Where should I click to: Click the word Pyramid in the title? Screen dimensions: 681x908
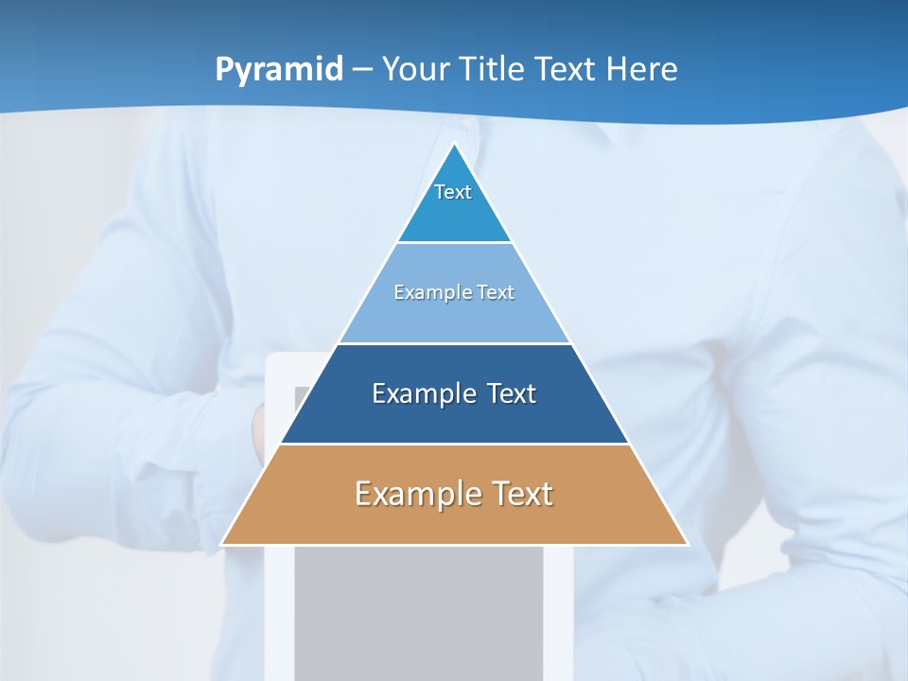[x=279, y=70]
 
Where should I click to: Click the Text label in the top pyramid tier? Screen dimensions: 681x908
[x=453, y=192]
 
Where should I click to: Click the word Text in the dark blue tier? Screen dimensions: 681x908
[x=511, y=393]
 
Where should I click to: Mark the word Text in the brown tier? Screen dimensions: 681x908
[x=521, y=494]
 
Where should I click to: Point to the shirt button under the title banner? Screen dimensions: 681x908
[x=465, y=124]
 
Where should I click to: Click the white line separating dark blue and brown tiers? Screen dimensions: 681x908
[x=455, y=444]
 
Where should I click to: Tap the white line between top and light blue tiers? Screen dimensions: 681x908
[x=455, y=242]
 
